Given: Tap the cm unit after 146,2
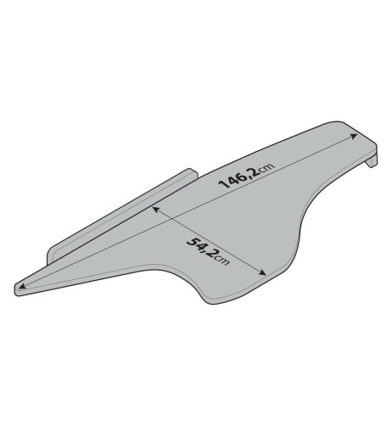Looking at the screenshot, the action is point(266,168).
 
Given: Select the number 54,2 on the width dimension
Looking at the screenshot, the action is point(201,248).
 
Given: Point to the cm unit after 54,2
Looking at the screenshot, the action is point(222,261).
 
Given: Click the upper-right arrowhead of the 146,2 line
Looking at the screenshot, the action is point(354,137).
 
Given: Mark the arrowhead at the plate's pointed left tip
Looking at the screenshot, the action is point(22,286).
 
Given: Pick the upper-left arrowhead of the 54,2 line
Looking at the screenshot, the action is point(155,210).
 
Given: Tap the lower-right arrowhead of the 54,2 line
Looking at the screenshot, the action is point(263,272).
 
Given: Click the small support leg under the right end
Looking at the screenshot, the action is point(372,161).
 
